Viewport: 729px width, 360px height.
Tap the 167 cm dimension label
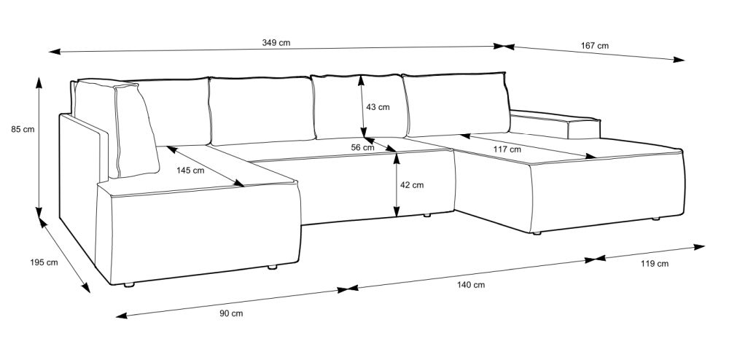click(x=595, y=45)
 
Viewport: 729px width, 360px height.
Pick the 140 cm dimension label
click(x=470, y=284)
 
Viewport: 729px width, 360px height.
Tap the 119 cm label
click(x=654, y=264)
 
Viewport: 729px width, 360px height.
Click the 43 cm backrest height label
click(x=378, y=107)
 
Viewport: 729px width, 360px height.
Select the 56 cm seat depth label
click(x=362, y=147)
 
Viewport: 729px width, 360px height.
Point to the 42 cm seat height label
click(x=412, y=185)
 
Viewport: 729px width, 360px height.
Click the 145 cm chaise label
click(x=190, y=171)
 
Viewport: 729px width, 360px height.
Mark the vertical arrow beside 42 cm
click(x=396, y=187)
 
